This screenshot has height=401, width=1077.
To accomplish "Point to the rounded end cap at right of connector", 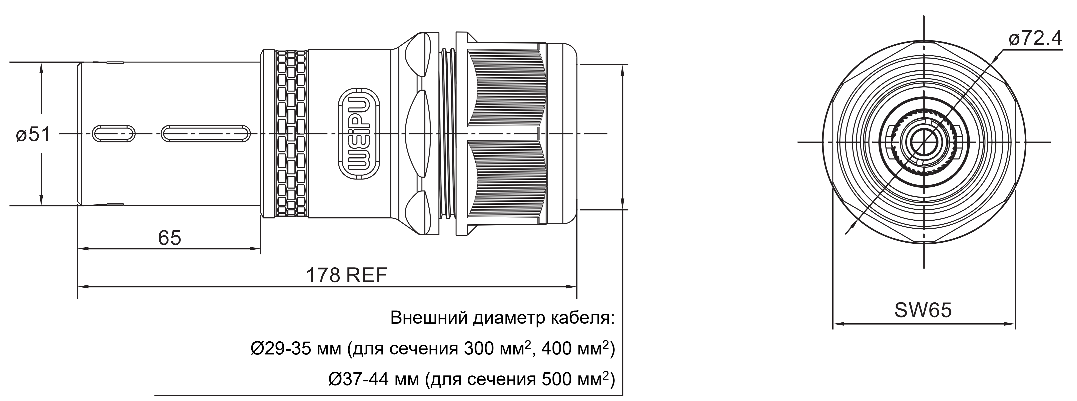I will (562, 134).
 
